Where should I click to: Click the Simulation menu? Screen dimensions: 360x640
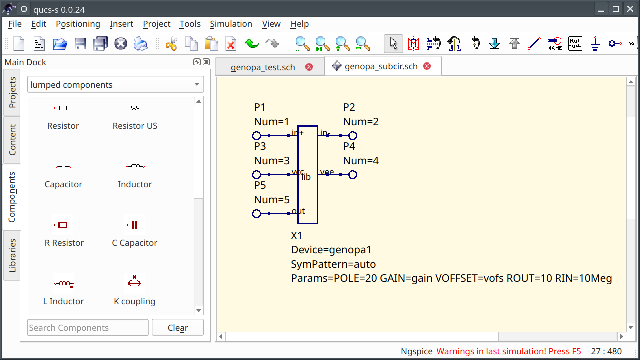click(x=231, y=24)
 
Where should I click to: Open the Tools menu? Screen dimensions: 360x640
click(x=190, y=24)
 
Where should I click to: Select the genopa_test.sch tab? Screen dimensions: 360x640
click(x=263, y=67)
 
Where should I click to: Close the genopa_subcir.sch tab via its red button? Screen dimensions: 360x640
click(x=427, y=66)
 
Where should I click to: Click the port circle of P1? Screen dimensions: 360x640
click(x=257, y=136)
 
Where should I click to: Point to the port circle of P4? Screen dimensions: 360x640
click(x=353, y=175)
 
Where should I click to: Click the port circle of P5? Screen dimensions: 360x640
click(x=257, y=214)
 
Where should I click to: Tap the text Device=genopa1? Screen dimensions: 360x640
click(x=331, y=250)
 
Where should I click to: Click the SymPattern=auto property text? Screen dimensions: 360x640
click(x=333, y=264)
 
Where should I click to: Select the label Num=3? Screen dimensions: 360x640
click(x=272, y=161)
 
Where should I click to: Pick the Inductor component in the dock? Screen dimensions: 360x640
click(x=135, y=175)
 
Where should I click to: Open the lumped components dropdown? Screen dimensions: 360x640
click(x=115, y=85)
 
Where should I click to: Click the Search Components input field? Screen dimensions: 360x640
click(x=88, y=328)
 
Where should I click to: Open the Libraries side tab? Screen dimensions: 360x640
click(x=12, y=256)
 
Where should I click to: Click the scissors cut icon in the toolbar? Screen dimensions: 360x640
click(x=171, y=44)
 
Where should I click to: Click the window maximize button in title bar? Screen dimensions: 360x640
click(x=616, y=8)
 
